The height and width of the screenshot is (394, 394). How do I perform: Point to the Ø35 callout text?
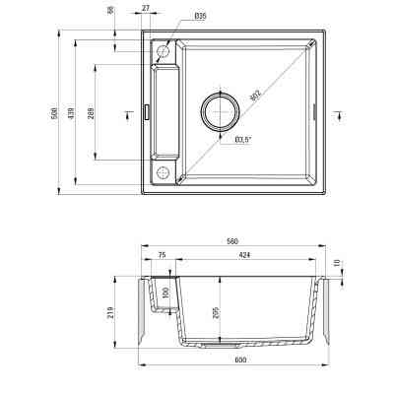(x=200, y=17)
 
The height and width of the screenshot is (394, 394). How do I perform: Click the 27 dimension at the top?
(x=146, y=9)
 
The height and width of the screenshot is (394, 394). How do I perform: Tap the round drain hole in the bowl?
(x=221, y=111)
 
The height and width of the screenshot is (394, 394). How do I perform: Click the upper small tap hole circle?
(x=163, y=49)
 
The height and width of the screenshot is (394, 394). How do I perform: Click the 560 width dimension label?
(x=232, y=240)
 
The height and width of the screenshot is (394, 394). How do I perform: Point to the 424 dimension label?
(x=243, y=254)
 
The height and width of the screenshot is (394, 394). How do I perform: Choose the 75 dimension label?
(x=162, y=254)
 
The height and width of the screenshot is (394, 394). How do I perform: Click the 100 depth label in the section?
(x=166, y=293)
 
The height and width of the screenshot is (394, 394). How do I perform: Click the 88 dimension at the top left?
(x=112, y=10)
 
